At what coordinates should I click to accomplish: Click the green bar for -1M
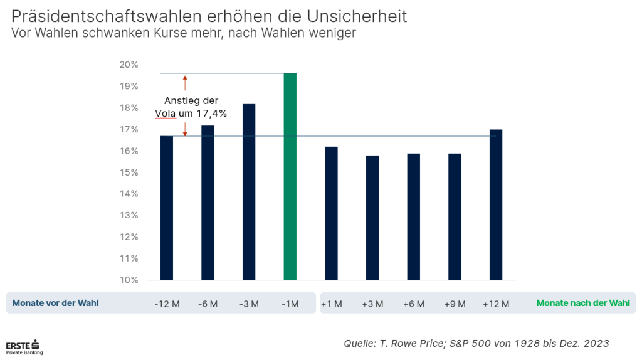click(x=290, y=176)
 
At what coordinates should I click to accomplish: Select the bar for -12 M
click(x=167, y=208)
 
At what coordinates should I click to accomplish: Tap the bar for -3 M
click(x=249, y=191)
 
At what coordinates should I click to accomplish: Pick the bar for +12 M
click(x=496, y=204)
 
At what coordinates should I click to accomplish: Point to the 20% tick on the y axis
click(x=129, y=65)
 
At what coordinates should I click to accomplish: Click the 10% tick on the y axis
click(x=129, y=280)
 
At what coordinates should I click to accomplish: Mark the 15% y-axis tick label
click(x=129, y=172)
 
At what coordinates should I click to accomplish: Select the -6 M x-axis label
click(x=208, y=304)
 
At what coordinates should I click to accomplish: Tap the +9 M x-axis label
click(x=455, y=304)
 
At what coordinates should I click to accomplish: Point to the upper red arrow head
click(x=185, y=78)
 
